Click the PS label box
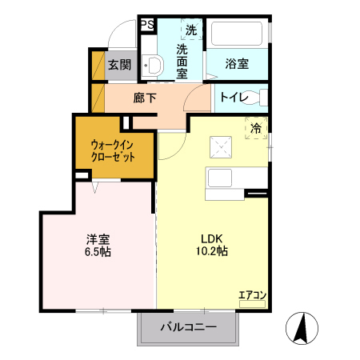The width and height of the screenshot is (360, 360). [147, 24]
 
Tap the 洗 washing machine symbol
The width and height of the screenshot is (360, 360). [191, 30]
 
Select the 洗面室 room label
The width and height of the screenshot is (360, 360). [182, 62]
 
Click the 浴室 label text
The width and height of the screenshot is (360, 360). [236, 63]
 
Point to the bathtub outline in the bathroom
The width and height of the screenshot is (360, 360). [237, 34]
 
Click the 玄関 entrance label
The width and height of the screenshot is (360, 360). [119, 65]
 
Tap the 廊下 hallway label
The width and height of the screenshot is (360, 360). [145, 98]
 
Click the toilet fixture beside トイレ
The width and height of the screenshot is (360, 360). [260, 99]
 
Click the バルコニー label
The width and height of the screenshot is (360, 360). [189, 326]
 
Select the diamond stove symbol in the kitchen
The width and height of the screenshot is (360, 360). [221, 146]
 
